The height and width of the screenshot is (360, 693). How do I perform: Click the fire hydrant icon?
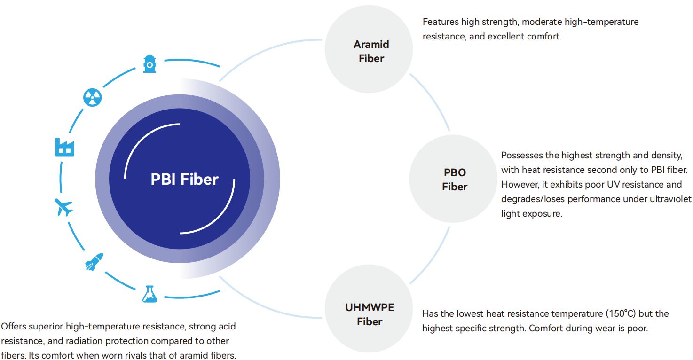(150, 64)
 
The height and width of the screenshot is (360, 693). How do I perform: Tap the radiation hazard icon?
(93, 98)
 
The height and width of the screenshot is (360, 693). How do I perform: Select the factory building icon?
(65, 147)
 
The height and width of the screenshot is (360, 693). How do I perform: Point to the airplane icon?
(64, 207)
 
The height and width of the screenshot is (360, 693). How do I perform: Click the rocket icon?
(94, 262)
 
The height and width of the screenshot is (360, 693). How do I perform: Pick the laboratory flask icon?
(150, 294)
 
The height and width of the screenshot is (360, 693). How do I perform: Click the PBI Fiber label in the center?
(184, 179)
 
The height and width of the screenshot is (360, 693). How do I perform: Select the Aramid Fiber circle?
(369, 49)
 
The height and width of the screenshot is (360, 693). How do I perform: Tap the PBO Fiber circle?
(453, 179)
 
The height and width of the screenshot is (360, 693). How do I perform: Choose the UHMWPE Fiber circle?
(369, 308)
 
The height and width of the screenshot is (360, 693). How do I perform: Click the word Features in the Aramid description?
(441, 22)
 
